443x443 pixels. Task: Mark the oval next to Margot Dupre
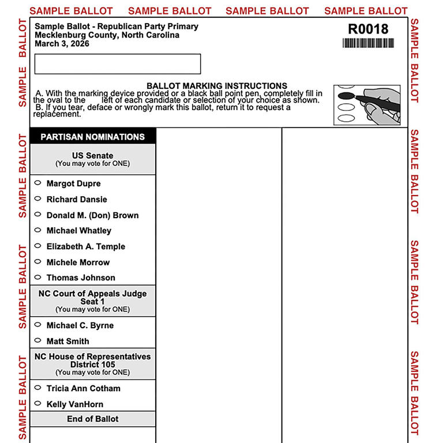tap(37, 183)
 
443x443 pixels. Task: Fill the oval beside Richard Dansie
tap(37, 199)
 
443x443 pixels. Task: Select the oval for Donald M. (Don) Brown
tap(37, 215)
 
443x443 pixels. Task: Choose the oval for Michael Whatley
tap(37, 231)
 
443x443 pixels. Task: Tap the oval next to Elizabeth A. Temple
tap(37, 246)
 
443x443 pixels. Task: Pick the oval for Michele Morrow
tap(37, 262)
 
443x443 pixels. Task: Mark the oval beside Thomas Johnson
tap(37, 277)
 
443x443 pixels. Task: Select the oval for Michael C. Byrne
tap(37, 325)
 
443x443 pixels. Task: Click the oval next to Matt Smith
tap(37, 341)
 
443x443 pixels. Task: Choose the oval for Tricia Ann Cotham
tap(37, 388)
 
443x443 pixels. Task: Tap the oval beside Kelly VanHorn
tap(37, 404)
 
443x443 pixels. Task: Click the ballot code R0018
tap(368, 29)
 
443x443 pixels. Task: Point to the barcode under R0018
tap(368, 43)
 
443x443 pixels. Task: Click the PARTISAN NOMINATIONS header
tap(92, 137)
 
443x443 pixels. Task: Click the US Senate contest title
tap(92, 156)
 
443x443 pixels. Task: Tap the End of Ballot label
tap(92, 419)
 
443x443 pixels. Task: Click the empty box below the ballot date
tap(118, 64)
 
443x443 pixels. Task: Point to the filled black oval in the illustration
tap(346, 95)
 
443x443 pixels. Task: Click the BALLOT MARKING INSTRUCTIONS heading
tap(217, 86)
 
